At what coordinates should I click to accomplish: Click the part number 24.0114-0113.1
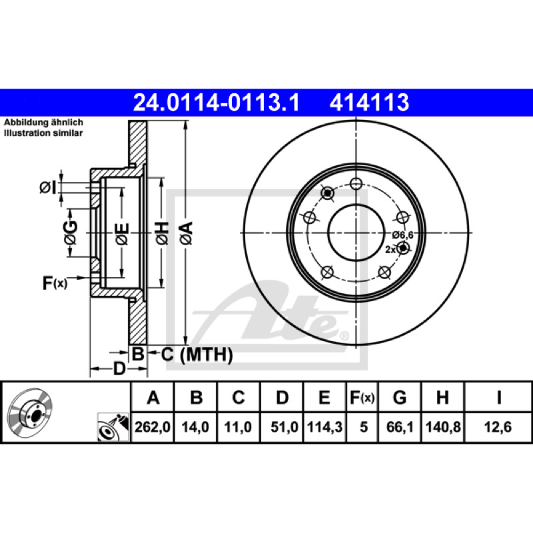pos(216,103)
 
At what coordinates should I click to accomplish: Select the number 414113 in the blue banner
pos(369,103)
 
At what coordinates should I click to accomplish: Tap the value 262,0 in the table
pos(153,427)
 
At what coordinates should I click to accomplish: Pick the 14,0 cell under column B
pos(195,427)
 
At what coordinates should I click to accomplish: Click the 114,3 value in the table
pos(324,427)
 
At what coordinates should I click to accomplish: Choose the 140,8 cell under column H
pos(443,427)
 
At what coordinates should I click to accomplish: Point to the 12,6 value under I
pos(498,427)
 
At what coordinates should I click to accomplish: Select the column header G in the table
pos(400,397)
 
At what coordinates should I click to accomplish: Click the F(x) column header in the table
pos(362,397)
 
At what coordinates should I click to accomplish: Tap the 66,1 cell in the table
pos(400,427)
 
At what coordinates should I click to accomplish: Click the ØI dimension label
pos(47,188)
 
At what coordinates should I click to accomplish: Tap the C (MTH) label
pos(197,354)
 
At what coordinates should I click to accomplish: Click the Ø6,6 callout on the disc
pos(402,235)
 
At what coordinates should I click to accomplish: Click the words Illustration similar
pos(43,133)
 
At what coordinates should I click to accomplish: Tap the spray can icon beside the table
pos(113,427)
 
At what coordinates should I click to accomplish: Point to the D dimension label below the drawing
pos(119,369)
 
